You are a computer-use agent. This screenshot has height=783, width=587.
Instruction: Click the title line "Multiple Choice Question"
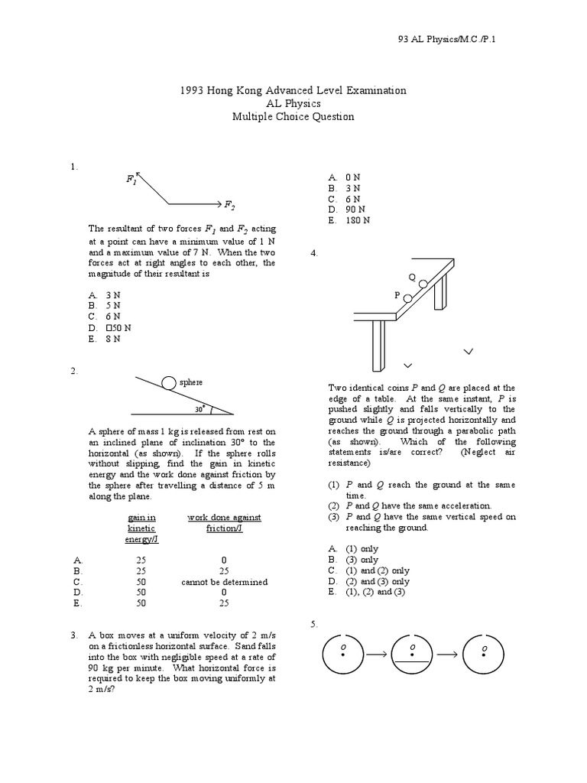point(293,117)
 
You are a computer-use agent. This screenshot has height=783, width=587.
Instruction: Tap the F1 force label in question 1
point(131,180)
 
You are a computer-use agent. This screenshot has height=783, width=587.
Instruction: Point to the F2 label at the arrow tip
point(229,205)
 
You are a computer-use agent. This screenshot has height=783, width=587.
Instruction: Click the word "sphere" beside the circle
point(192,382)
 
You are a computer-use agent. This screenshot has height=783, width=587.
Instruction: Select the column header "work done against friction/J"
point(224,523)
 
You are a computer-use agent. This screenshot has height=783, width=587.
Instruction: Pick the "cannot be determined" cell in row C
point(224,582)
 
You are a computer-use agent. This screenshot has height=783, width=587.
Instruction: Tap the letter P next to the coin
point(397,294)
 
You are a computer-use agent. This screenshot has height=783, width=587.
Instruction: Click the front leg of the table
point(379,343)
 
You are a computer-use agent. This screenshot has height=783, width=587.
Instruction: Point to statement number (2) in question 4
point(333,506)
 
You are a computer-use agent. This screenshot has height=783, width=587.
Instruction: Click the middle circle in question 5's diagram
point(413,655)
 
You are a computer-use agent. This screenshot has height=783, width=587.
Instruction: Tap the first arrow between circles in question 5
point(376,655)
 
